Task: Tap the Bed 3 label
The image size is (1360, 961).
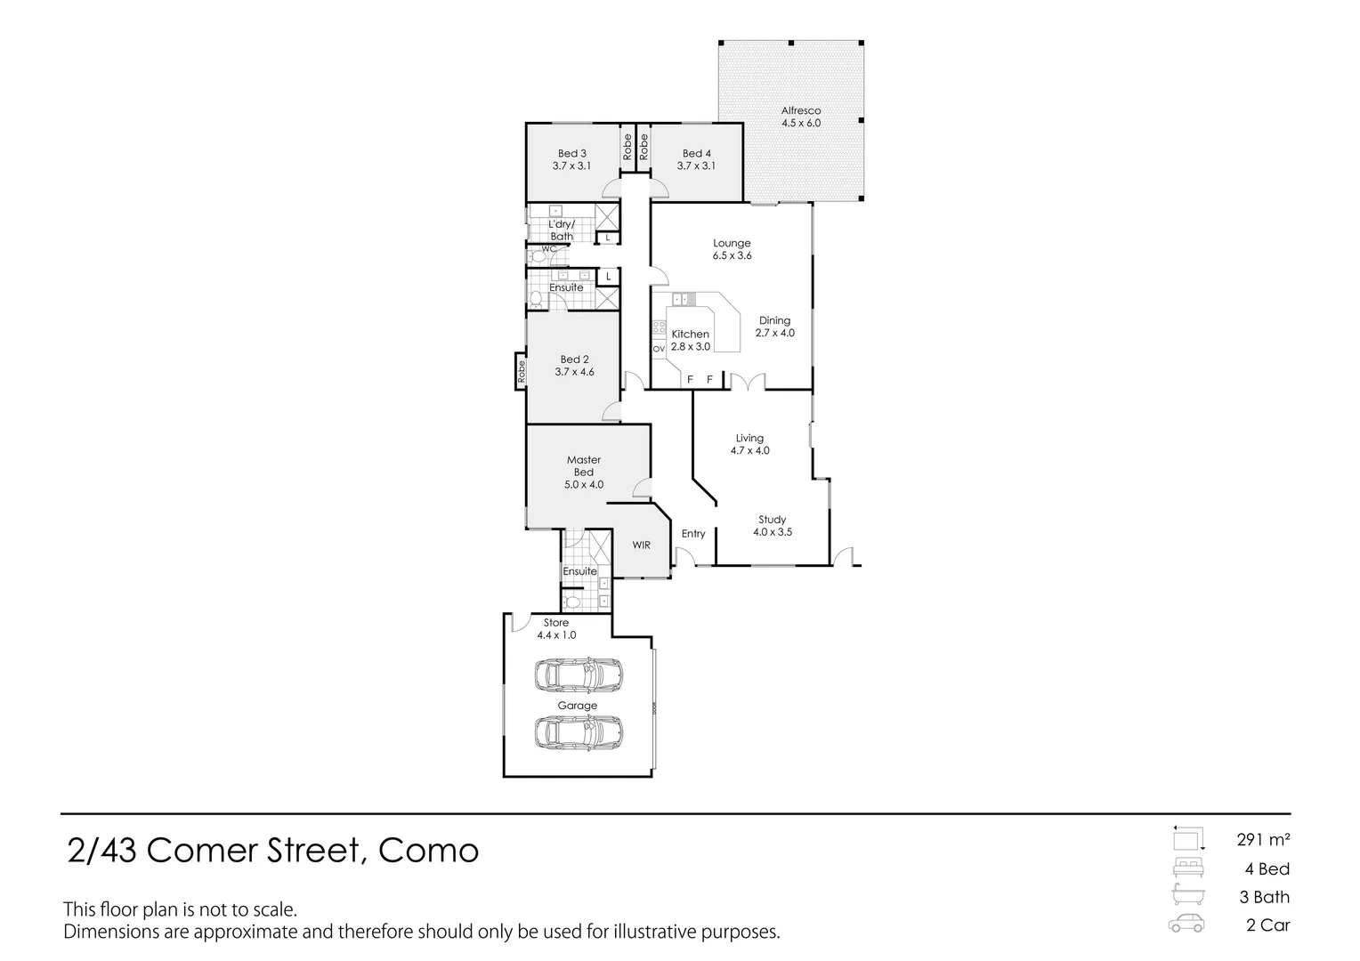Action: click(x=571, y=153)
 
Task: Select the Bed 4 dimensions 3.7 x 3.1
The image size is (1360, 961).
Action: click(x=696, y=166)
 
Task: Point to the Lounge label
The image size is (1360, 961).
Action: click(x=732, y=243)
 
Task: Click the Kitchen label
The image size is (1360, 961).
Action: click(x=690, y=334)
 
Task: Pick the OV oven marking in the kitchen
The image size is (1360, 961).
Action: click(x=659, y=349)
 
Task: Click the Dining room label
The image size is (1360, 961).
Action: click(x=774, y=320)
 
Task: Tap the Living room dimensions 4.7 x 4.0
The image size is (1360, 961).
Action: click(x=749, y=450)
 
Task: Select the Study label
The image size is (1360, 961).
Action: click(x=772, y=520)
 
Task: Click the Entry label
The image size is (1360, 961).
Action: click(x=693, y=534)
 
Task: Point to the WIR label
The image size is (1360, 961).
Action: click(x=641, y=545)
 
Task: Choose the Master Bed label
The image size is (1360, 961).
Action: click(x=584, y=466)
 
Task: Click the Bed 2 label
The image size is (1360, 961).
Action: click(x=574, y=359)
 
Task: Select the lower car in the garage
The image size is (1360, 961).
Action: click(x=579, y=734)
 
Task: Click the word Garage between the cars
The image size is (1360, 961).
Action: click(x=578, y=706)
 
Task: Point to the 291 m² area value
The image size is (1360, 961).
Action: click(x=1263, y=839)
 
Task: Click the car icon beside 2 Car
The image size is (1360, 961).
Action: click(x=1186, y=924)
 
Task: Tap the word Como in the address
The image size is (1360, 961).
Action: click(x=428, y=852)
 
